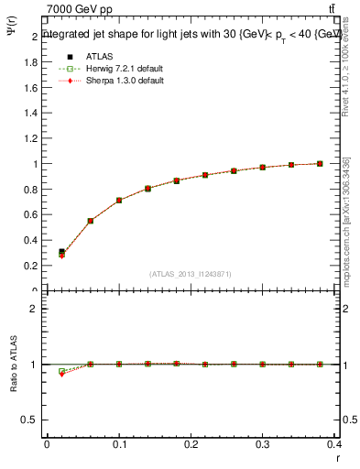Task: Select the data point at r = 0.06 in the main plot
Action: coord(91,221)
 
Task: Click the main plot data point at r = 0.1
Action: coord(119,201)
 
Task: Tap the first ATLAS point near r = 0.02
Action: coord(61,252)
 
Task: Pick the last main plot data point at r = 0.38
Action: coord(320,164)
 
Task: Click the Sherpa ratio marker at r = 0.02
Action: coord(61,374)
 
